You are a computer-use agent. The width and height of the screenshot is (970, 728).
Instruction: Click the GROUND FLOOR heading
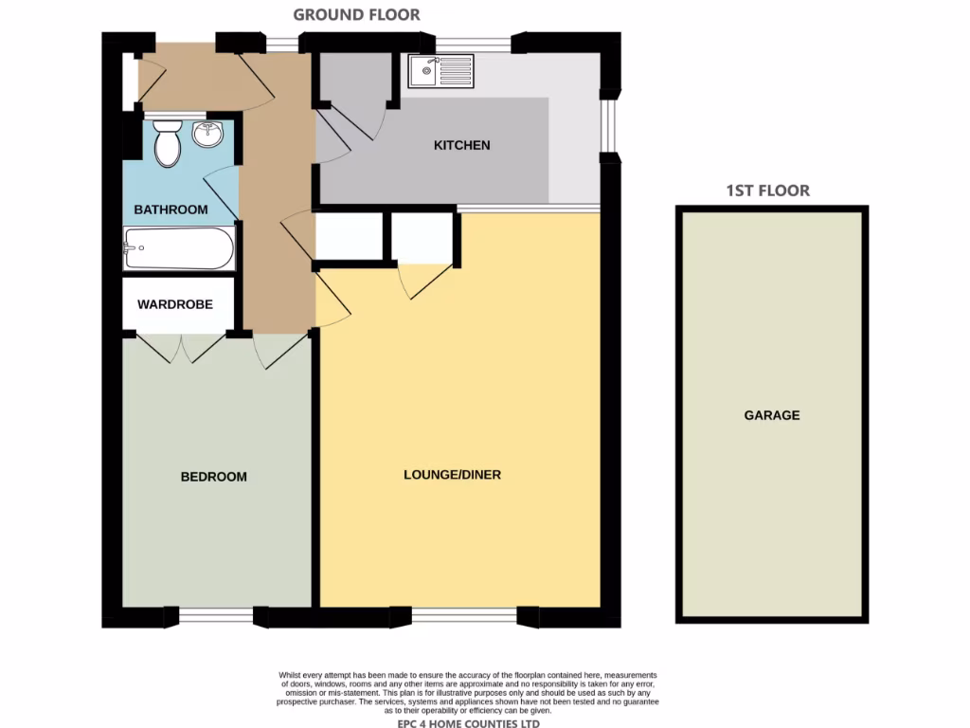click(x=356, y=14)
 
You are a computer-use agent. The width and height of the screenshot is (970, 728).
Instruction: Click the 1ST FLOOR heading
click(x=767, y=191)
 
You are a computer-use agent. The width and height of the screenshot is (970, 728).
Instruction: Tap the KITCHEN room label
click(x=461, y=145)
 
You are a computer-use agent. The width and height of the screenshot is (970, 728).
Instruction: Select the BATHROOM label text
click(x=171, y=209)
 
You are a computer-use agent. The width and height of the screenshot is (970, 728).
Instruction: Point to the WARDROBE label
click(x=174, y=304)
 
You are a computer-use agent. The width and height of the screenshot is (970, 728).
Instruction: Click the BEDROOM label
click(x=213, y=477)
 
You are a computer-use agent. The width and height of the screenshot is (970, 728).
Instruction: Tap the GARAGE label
click(x=771, y=415)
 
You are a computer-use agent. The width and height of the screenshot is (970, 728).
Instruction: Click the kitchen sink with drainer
click(x=440, y=70)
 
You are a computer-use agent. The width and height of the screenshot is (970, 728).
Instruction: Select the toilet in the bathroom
click(x=168, y=143)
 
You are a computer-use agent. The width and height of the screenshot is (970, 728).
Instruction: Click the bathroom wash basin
click(x=207, y=136)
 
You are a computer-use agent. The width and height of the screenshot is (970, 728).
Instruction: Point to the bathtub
click(x=178, y=250)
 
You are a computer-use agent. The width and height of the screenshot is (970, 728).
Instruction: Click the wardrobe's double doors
click(x=179, y=347)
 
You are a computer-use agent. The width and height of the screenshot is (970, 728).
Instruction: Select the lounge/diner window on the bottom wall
click(x=464, y=616)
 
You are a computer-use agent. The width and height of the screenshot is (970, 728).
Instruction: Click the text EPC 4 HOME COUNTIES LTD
click(x=468, y=723)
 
